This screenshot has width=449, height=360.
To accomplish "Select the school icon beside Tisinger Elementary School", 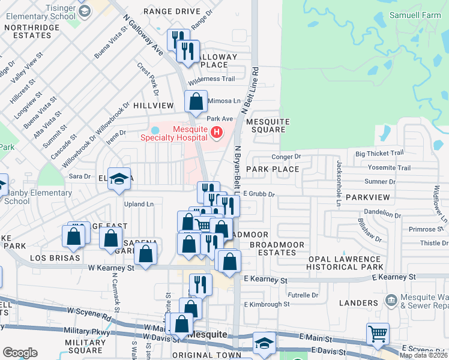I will coord(85,10).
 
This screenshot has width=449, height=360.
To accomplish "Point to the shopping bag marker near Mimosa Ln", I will coord(196,101).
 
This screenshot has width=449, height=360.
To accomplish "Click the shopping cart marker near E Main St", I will coord(378,334).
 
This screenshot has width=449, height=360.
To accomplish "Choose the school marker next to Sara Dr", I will coord(119,179).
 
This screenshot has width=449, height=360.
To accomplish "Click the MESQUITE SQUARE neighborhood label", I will coord(268,125).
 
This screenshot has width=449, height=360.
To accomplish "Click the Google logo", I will coord(20,353).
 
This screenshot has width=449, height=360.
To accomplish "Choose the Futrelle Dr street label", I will coord(302,295).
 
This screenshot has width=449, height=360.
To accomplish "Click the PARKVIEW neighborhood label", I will coord(367,197).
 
